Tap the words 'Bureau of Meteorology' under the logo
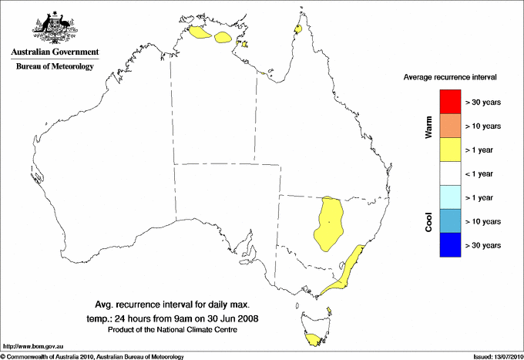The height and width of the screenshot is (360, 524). point(55,66)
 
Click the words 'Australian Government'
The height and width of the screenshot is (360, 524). point(55,52)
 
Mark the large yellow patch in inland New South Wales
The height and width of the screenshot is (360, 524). point(330,223)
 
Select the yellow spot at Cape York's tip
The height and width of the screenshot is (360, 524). point(297,29)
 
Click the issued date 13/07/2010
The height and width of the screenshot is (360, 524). point(496,356)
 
